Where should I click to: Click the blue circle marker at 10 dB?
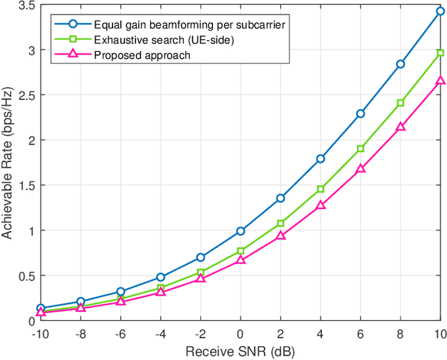click(x=440, y=11)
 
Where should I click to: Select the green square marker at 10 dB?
click(x=440, y=52)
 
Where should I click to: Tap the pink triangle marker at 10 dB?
click(x=440, y=80)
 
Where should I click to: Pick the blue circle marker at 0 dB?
click(x=240, y=231)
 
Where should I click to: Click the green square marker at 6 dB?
click(x=360, y=148)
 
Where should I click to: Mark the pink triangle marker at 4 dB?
click(x=321, y=206)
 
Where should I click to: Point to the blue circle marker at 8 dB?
click(x=400, y=64)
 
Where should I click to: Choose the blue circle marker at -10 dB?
click(x=41, y=308)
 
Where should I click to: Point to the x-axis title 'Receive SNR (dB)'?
click(x=240, y=350)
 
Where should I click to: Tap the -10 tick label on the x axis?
click(x=39, y=333)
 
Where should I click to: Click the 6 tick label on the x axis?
click(x=360, y=333)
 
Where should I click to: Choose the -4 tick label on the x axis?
click(x=159, y=333)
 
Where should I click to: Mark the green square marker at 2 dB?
click(x=280, y=223)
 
